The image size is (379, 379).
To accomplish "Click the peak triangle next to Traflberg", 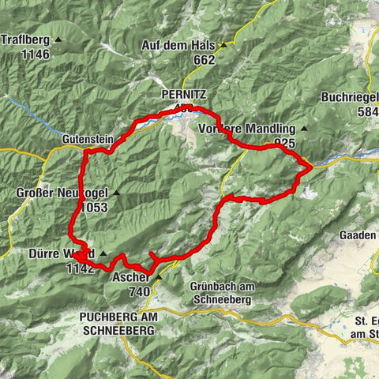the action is pos(58,39).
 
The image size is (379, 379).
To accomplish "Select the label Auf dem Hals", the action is pos(178,46).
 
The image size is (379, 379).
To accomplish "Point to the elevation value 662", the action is pos(203,59).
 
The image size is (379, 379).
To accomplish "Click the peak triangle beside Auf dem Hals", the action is pos(223,46).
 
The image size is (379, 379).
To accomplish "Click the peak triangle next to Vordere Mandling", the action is pos(304,129).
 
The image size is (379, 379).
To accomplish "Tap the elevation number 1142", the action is pos(80,268).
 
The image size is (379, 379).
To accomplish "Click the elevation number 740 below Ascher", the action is pos(140,291).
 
